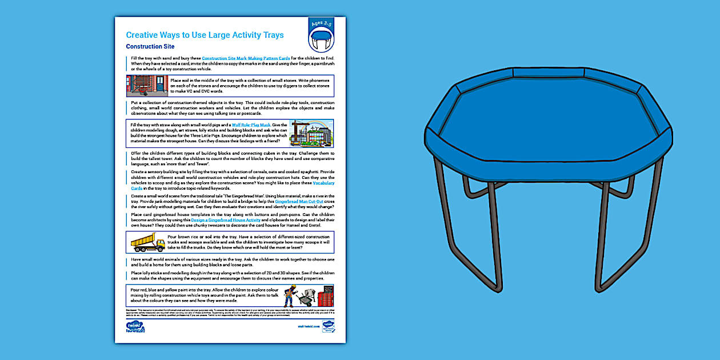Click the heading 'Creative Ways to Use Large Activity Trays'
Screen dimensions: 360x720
coord(205,35)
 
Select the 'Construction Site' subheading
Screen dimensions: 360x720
coord(150,47)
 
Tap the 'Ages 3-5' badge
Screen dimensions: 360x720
coord(321,25)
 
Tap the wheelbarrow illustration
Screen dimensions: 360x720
coord(307,298)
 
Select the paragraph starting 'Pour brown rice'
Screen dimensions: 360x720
coord(249,242)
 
